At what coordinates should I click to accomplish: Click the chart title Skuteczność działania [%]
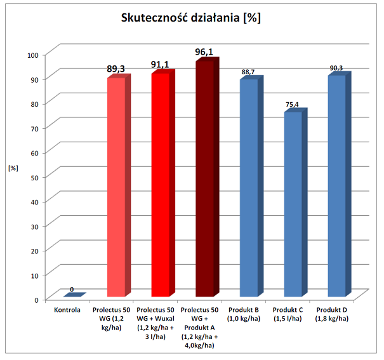point(191,18)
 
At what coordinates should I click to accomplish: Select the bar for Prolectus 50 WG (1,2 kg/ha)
point(116,187)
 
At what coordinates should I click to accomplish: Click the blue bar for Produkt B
point(248,188)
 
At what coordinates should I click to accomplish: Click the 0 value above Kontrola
point(72,290)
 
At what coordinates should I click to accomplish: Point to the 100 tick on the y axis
point(33,55)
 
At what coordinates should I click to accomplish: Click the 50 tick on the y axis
point(35,177)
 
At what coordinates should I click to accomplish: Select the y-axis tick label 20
point(35,250)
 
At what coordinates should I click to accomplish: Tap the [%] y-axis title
point(12,168)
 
